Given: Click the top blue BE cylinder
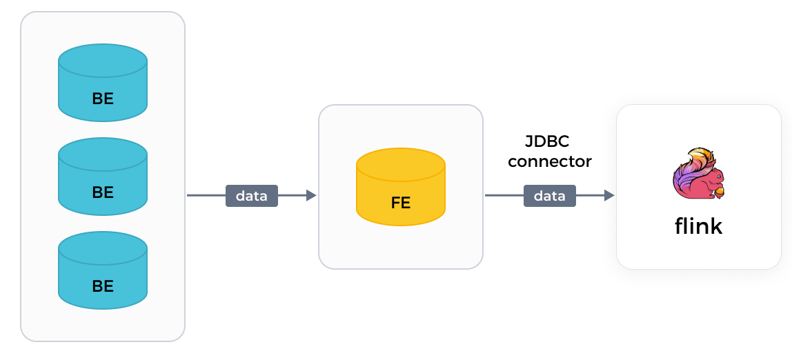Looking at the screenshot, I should pyautogui.click(x=103, y=83).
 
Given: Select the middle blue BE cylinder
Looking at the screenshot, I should pyautogui.click(x=103, y=177).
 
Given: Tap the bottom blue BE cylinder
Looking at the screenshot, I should pyautogui.click(x=103, y=270).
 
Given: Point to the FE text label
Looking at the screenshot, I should pyautogui.click(x=401, y=203).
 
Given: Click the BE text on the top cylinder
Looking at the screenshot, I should pyautogui.click(x=103, y=99).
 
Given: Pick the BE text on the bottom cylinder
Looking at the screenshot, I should pyautogui.click(x=103, y=286).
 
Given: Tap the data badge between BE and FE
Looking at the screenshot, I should pyautogui.click(x=252, y=196).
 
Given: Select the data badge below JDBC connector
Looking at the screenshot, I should pyautogui.click(x=550, y=196).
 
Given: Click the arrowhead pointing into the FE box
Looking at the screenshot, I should pyautogui.click(x=311, y=196).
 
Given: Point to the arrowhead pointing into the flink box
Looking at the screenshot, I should pyautogui.click(x=609, y=196).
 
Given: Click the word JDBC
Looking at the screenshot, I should pyautogui.click(x=548, y=142).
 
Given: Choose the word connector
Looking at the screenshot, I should pyautogui.click(x=550, y=161).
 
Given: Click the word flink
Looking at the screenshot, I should pyautogui.click(x=698, y=227).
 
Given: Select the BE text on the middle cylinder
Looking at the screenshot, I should pyautogui.click(x=103, y=192).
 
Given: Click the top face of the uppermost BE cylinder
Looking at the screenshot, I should pyautogui.click(x=103, y=58).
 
